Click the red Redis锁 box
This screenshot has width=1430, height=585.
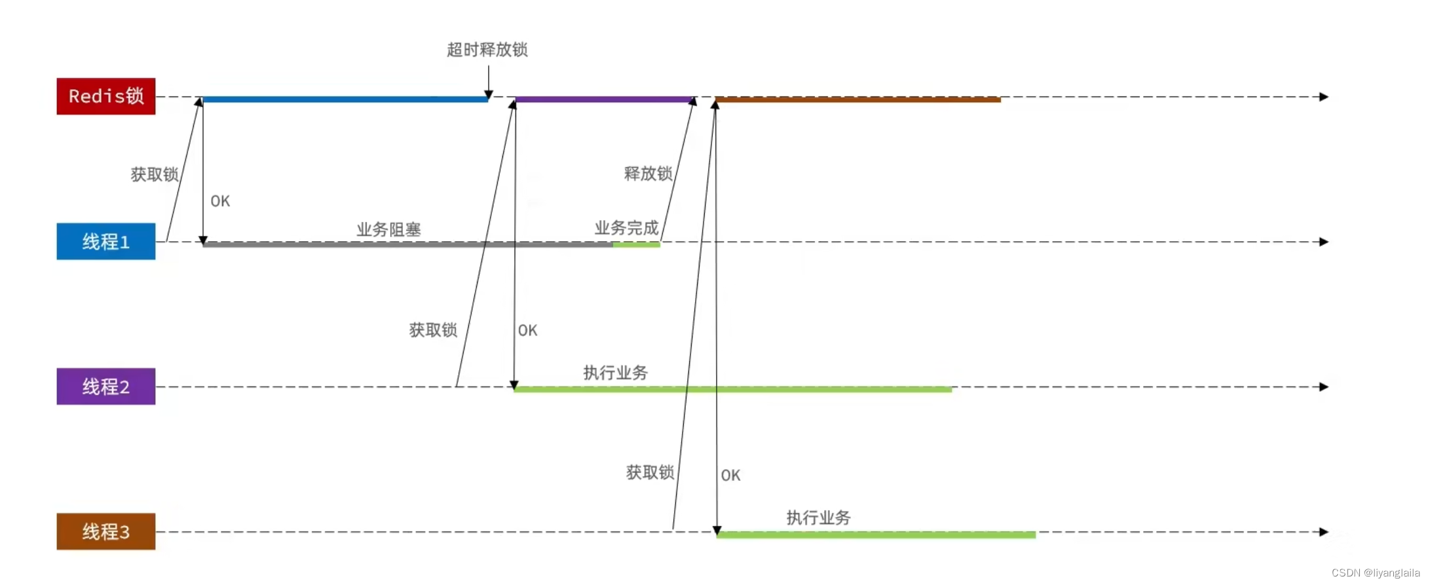pyautogui.click(x=105, y=96)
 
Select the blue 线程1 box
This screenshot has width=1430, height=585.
pyautogui.click(x=105, y=242)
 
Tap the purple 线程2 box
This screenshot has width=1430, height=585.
pyautogui.click(x=105, y=387)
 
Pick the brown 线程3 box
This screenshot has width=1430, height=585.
pyautogui.click(x=105, y=531)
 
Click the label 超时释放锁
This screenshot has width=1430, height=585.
pyautogui.click(x=487, y=50)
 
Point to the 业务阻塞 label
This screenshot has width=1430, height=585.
pyautogui.click(x=388, y=229)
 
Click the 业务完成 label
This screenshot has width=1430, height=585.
pyautogui.click(x=626, y=228)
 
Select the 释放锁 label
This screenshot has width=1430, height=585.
pyautogui.click(x=648, y=174)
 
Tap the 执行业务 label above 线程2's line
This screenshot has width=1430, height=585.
pyautogui.click(x=615, y=373)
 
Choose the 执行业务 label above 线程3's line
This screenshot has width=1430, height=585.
pyautogui.click(x=818, y=518)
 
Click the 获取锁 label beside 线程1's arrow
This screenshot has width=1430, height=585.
pyautogui.click(x=154, y=174)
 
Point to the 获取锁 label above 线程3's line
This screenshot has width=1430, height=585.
pyautogui.click(x=650, y=472)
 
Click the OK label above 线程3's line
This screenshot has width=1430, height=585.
pyautogui.click(x=730, y=476)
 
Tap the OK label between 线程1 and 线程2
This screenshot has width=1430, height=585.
pyautogui.click(x=527, y=330)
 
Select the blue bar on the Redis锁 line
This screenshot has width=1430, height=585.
pyautogui.click(x=345, y=100)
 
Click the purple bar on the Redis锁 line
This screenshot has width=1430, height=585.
pyautogui.click(x=603, y=100)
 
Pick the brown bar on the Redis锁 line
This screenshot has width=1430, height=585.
pyautogui.click(x=858, y=100)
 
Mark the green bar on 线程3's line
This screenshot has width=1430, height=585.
pyautogui.click(x=876, y=535)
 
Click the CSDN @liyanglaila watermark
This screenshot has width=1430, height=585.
pyautogui.click(x=1375, y=573)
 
